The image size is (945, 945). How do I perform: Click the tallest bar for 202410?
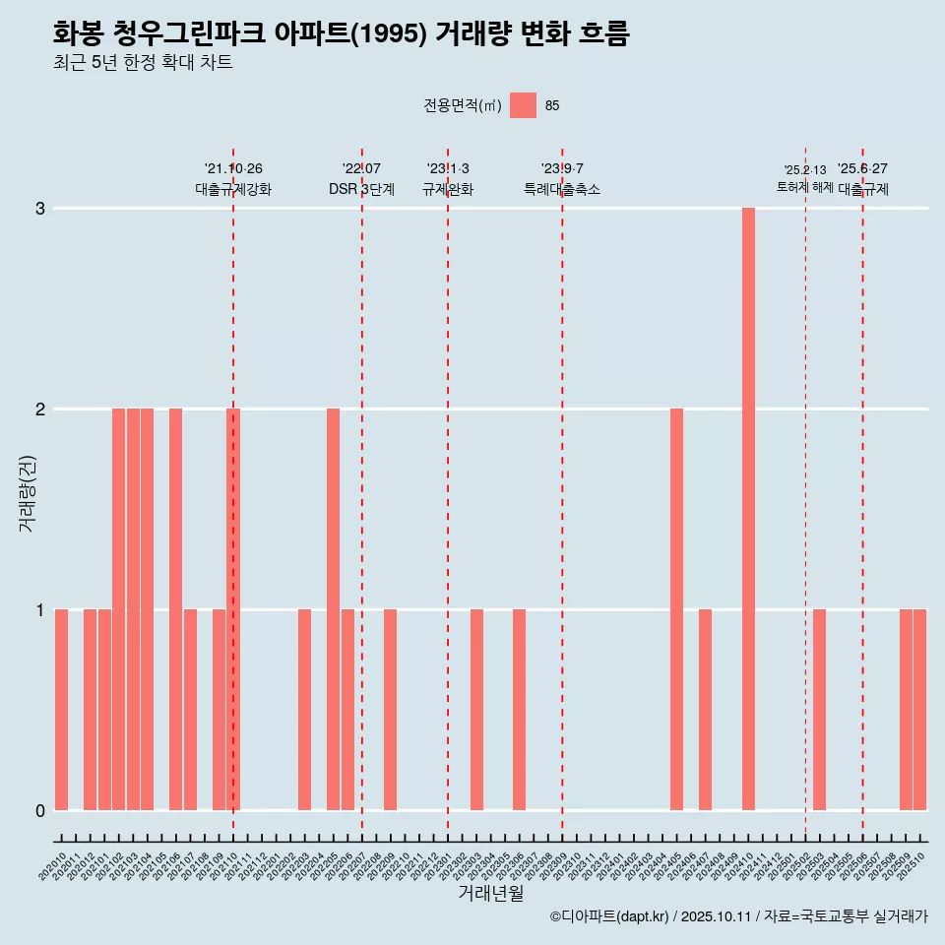748,509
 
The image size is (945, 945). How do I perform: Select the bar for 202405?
676,609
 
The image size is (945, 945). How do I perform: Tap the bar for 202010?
61,710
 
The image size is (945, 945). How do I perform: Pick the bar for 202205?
333,609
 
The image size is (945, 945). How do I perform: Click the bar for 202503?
819,710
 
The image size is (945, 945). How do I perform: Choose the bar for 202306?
519,710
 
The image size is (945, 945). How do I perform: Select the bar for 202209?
390,710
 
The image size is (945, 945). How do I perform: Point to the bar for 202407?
705,710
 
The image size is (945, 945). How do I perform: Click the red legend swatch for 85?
523,105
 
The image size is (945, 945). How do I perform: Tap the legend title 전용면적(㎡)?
462,106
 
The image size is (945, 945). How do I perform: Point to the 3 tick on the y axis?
40,209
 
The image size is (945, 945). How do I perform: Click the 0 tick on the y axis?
40,810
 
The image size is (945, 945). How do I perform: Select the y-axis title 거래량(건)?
27,493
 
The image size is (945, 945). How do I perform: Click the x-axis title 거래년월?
490,893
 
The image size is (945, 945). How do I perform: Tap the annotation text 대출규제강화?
233,189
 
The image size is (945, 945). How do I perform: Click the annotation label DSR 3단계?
361,189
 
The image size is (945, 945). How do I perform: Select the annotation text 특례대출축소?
561,189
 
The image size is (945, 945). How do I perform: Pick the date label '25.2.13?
805,169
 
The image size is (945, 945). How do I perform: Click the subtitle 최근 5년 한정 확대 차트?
143,63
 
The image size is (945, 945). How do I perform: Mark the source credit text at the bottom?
738,916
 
